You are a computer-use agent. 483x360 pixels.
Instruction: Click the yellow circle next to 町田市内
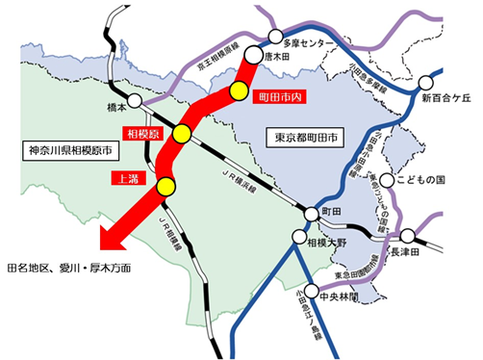[239, 90]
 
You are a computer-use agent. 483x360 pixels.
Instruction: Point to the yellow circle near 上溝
[166, 186]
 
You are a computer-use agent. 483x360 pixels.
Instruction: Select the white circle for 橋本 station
[135, 99]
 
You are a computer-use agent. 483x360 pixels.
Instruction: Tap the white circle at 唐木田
[254, 55]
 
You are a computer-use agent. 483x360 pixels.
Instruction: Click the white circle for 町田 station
[310, 214]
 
